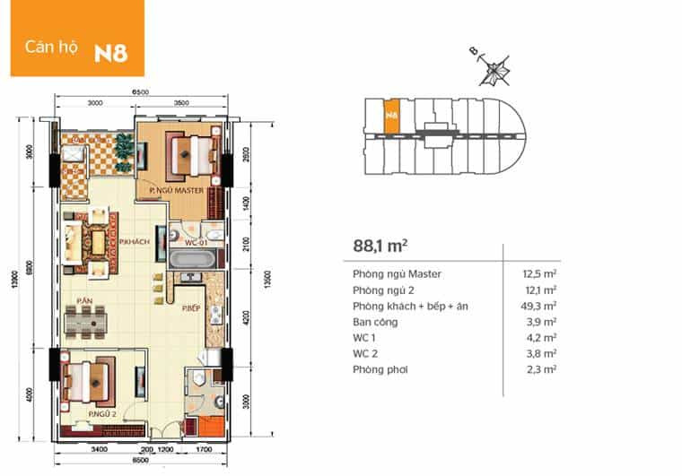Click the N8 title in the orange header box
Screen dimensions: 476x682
(x=111, y=51)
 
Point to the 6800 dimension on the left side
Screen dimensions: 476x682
(x=30, y=266)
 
